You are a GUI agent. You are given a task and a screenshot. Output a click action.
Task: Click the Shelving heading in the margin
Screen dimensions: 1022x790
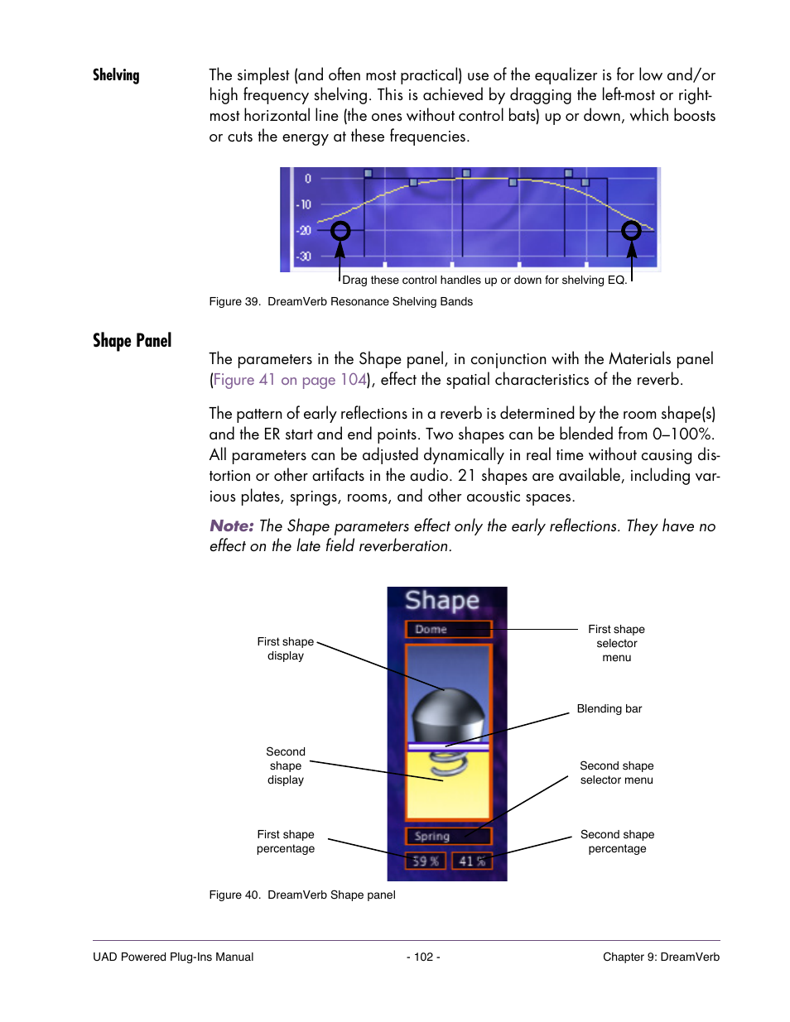[x=116, y=75]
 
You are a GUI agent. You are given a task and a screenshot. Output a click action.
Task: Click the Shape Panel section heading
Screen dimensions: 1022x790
[x=132, y=341]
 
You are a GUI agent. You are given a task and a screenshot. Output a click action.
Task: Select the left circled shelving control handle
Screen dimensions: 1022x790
[x=340, y=231]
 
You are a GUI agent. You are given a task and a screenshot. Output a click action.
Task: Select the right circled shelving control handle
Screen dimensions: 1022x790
[x=631, y=230]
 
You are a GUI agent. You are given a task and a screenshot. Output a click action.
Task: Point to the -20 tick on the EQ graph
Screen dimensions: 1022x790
[x=305, y=231]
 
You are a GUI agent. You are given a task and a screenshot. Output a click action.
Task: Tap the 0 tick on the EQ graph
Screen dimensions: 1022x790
[x=307, y=179]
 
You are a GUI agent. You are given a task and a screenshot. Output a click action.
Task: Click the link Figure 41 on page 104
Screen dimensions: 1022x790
[x=290, y=380]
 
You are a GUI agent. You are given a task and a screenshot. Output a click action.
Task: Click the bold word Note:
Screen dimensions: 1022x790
[x=231, y=526]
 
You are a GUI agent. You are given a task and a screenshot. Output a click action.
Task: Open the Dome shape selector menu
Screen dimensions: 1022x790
[x=448, y=630]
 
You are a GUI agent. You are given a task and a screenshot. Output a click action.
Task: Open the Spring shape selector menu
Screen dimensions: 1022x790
[x=448, y=837]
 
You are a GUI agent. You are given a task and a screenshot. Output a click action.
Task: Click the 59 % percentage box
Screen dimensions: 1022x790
[x=426, y=861]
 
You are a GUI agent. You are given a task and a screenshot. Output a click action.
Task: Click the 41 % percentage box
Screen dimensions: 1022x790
[x=472, y=861]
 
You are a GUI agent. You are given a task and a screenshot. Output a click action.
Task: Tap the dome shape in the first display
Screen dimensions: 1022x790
[x=448, y=713]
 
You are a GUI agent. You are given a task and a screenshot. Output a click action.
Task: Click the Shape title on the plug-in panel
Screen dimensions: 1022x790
[x=442, y=601]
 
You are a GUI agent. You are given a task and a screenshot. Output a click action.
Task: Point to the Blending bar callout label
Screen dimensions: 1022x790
[x=609, y=709]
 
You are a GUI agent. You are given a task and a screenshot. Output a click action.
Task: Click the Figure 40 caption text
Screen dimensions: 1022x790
[x=302, y=895]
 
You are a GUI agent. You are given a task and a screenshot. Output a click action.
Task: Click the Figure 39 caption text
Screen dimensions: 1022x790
[x=340, y=302]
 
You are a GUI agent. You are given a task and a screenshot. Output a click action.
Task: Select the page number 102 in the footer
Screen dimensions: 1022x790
[x=423, y=957]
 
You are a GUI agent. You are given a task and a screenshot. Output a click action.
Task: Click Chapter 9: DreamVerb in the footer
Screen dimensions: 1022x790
[x=661, y=957]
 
